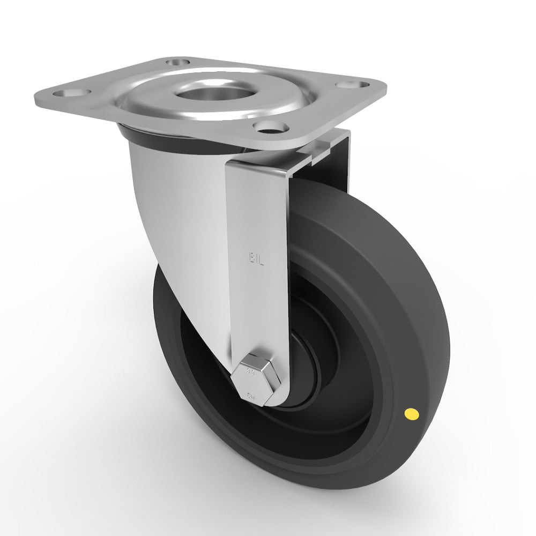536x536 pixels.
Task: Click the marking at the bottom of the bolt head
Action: [x=252, y=396]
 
